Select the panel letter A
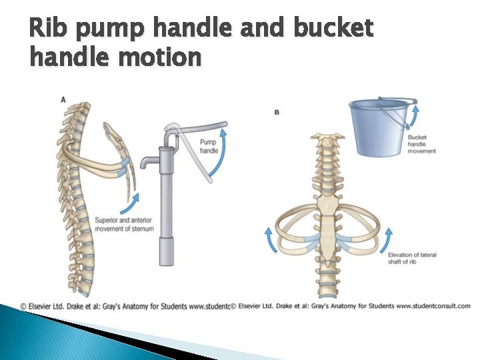pyautogui.click(x=63, y=99)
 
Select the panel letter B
pyautogui.click(x=277, y=113)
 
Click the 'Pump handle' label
pyautogui.click(x=209, y=146)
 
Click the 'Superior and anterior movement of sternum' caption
pyautogui.click(x=125, y=224)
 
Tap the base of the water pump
pyautogui.click(x=166, y=257)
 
